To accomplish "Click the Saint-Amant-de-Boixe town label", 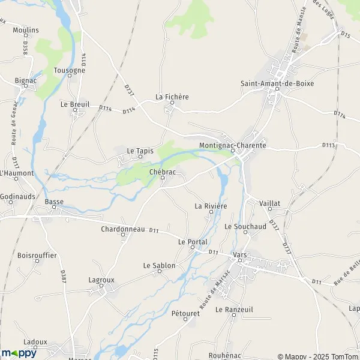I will [x=277, y=83].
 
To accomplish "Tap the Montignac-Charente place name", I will [x=233, y=145].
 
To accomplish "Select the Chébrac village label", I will [x=162, y=172].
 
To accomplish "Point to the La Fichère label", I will [x=172, y=96].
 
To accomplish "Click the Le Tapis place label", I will [x=140, y=151].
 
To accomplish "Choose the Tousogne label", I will [x=69, y=70].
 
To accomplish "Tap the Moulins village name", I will [x=25, y=30].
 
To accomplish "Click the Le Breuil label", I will [x=75, y=104].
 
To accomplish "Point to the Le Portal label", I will [x=193, y=242].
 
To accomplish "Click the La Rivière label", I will [x=211, y=206].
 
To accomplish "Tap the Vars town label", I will [x=240, y=254].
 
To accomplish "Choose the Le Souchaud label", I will [x=245, y=227].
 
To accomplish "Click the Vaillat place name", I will [x=270, y=203].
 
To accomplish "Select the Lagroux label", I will [x=101, y=280].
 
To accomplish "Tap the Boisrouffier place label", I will [x=37, y=255].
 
